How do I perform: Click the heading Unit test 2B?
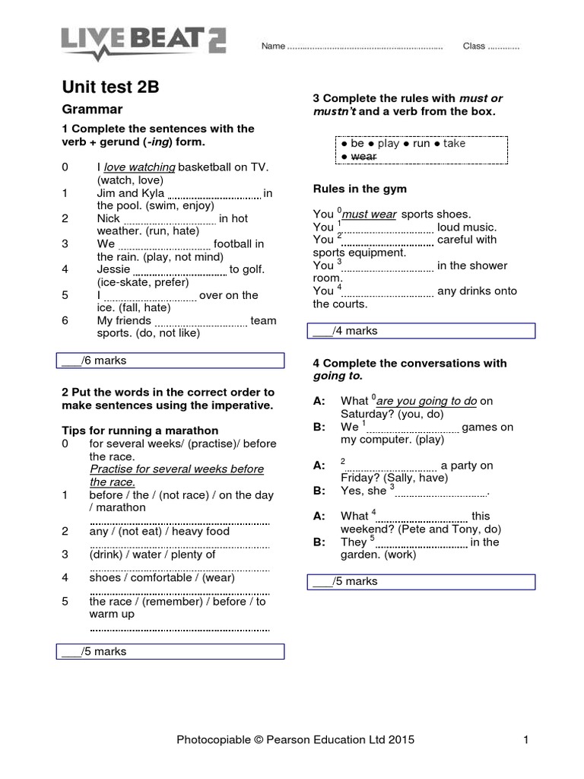110,87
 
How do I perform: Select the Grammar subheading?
92,109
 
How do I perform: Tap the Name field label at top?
273,46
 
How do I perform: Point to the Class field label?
474,46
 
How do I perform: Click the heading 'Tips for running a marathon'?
140,431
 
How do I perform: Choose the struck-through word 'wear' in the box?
364,156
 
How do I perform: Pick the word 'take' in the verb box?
454,143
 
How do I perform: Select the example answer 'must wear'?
370,215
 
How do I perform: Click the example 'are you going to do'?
426,401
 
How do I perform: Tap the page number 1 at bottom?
525,739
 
